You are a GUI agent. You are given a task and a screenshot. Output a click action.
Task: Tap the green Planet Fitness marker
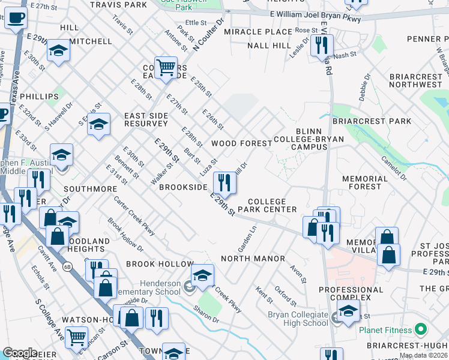point(421,329)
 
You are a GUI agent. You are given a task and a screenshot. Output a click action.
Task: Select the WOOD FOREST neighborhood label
point(238,144)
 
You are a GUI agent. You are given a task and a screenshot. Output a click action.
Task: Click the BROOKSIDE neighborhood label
point(183,187)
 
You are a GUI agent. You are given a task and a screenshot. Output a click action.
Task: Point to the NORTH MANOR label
point(253,259)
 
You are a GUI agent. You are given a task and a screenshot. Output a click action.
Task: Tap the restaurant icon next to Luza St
point(224,180)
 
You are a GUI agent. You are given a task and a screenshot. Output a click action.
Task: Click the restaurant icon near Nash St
point(322,44)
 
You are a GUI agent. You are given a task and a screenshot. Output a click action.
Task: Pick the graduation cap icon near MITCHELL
point(58,50)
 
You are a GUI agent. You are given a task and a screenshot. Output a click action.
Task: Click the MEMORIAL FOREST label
point(365,182)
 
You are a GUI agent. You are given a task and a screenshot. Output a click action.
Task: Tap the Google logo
point(20,353)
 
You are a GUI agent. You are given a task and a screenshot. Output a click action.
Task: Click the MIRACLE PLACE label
point(259,32)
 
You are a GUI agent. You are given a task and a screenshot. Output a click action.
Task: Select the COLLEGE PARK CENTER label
point(267,205)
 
